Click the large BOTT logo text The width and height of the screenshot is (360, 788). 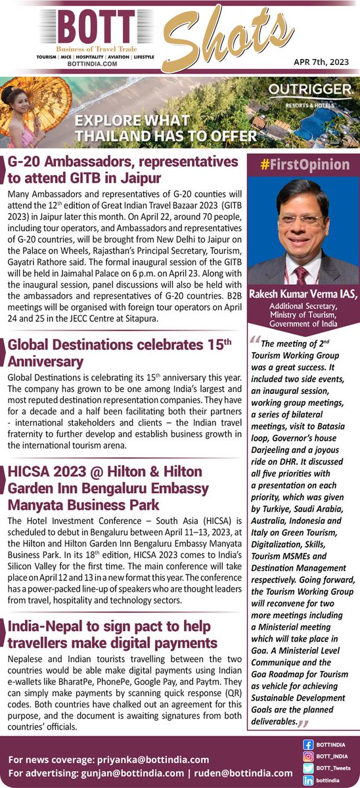97,29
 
